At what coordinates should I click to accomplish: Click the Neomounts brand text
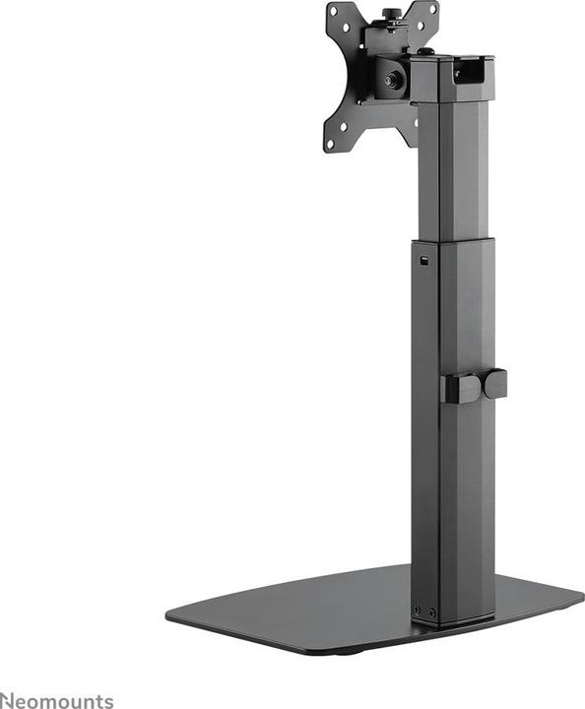(57, 700)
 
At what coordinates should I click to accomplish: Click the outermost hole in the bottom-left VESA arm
(330, 143)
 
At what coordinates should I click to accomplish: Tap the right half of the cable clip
(495, 382)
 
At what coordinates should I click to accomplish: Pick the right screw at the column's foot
(431, 612)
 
